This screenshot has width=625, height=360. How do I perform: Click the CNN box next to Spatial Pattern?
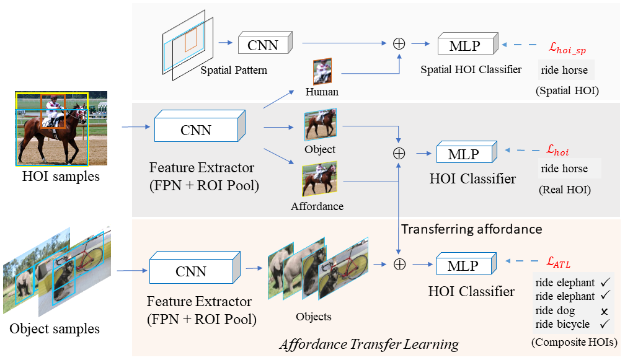click(264, 45)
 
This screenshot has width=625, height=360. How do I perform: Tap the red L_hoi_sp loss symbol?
click(571, 46)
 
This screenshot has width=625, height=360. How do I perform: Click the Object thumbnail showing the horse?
click(320, 125)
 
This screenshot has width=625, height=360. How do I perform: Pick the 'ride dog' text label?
click(555, 310)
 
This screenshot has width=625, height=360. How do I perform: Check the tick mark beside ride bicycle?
click(603, 324)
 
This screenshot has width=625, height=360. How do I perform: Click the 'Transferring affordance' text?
click(471, 229)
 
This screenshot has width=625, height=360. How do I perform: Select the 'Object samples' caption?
click(55, 328)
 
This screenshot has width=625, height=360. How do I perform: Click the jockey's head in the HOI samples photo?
click(55, 97)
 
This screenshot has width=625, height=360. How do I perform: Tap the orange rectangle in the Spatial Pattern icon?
click(190, 40)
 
